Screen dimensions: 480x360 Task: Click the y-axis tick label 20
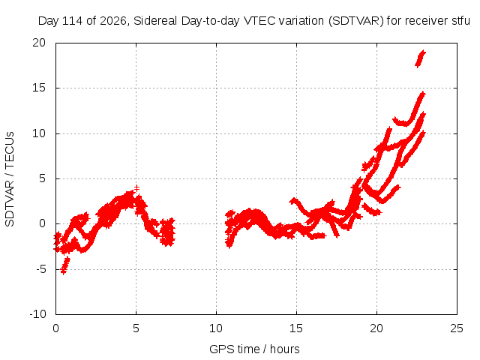click(x=39, y=43)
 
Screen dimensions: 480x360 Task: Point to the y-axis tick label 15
click(x=39, y=88)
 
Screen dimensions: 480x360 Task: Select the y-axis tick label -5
click(x=40, y=269)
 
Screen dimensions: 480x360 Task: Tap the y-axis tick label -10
click(x=38, y=314)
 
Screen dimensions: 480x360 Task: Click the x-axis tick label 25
click(x=457, y=328)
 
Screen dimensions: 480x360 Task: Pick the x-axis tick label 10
click(x=216, y=328)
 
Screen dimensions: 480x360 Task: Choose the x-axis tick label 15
click(x=296, y=328)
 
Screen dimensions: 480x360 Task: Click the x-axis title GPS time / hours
click(x=254, y=349)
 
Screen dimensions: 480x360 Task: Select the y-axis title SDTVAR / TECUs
click(x=10, y=179)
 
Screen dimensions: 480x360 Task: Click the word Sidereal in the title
click(x=155, y=21)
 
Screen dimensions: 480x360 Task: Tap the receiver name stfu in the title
click(x=460, y=21)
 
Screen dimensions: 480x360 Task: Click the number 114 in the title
click(x=73, y=21)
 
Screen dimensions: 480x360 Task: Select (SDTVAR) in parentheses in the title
click(x=356, y=21)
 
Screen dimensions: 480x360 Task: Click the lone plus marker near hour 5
click(x=136, y=188)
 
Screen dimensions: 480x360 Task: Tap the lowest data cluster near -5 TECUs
click(x=65, y=265)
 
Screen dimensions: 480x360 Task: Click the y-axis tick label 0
click(x=43, y=223)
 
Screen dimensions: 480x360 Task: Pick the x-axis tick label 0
click(x=55, y=328)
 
